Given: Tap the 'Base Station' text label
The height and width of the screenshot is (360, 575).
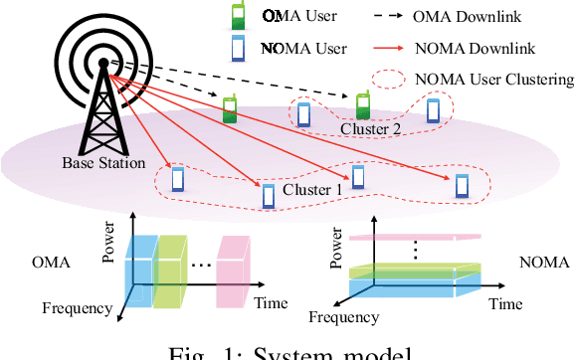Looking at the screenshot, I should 102,162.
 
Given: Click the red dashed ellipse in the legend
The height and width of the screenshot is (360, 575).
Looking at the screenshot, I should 394,78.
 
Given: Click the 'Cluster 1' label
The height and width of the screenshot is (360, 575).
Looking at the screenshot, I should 312,189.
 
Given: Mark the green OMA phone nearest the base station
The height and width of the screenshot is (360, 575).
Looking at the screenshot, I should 230,108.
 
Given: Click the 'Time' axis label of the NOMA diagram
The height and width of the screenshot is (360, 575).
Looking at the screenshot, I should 515,301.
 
